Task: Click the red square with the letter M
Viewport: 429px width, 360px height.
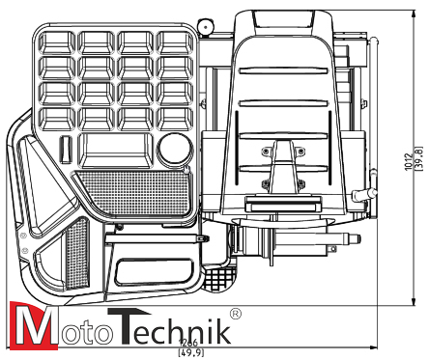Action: [29, 325]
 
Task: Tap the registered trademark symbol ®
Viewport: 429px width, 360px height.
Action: [235, 314]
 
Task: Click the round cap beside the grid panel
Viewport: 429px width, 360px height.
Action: [175, 149]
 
